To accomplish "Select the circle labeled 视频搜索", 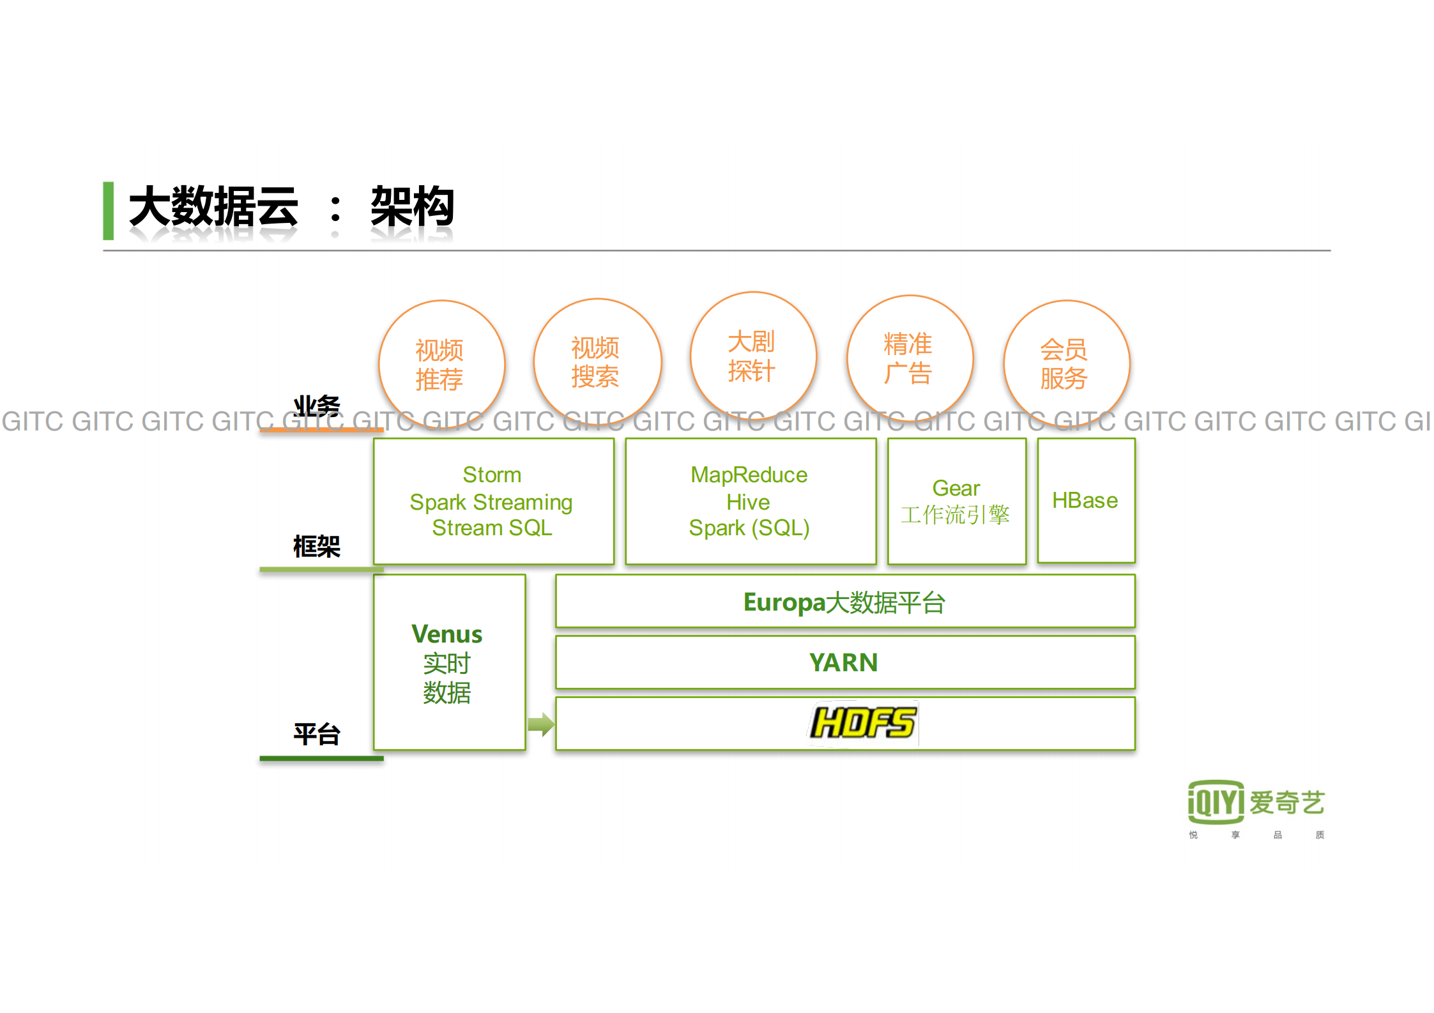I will [597, 362].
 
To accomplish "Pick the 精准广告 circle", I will [910, 359].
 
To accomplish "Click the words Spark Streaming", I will [491, 502].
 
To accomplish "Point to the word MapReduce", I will [749, 475].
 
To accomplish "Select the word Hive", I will [748, 502].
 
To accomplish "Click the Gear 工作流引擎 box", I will [956, 501].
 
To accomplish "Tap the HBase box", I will [1085, 500].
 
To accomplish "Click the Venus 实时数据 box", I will [449, 662].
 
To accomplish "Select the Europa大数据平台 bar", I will [844, 602].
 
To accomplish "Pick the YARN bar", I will [844, 662].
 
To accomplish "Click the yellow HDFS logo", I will [863, 723].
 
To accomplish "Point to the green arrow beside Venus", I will [540, 724].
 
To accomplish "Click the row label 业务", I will [317, 406].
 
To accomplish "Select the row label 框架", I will [317, 547].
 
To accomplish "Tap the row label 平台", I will [317, 735].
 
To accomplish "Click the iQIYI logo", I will [1216, 802].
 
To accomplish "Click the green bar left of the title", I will [109, 211].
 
